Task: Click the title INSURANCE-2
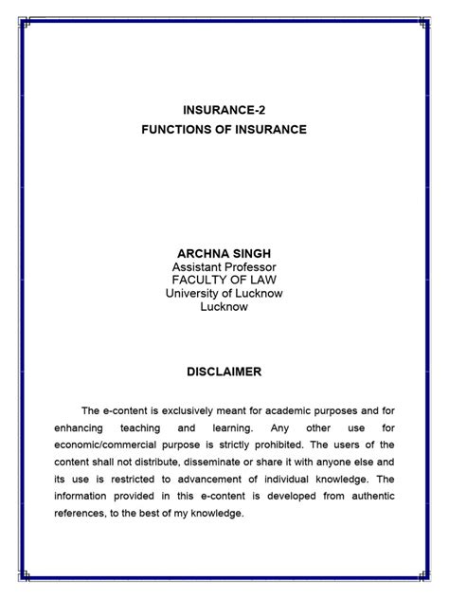(x=224, y=110)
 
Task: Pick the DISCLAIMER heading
(x=224, y=372)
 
